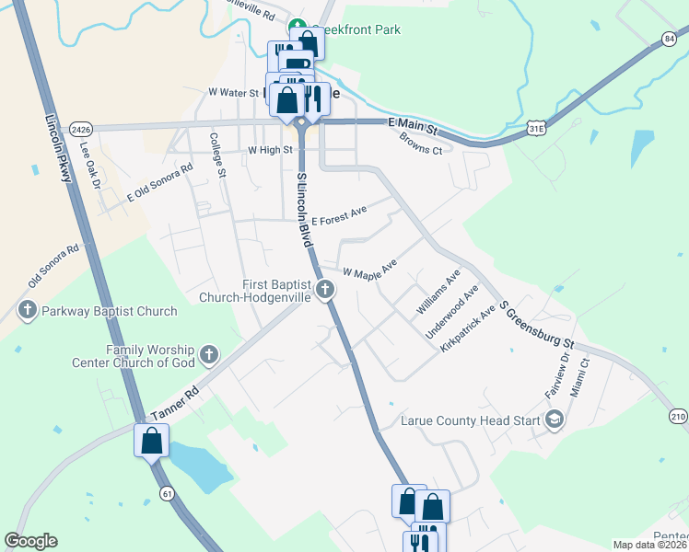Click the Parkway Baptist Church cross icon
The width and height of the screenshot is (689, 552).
(28, 311)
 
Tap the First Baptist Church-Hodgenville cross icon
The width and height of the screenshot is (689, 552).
(324, 291)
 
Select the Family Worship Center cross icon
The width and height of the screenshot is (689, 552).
(209, 354)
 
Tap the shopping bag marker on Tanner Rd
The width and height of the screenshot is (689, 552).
(152, 440)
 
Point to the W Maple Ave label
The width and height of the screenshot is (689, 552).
(369, 270)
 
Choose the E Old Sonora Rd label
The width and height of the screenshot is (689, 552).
(160, 181)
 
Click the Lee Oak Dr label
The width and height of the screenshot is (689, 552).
(89, 157)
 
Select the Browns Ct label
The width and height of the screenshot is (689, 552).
(421, 144)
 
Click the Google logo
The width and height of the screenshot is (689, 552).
(30, 541)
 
